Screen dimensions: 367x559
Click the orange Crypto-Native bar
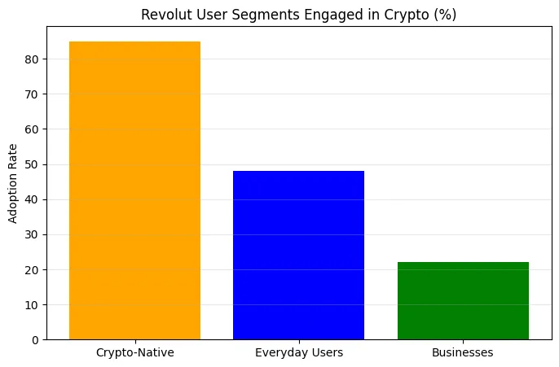pos(134,190)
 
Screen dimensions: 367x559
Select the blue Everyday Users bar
pos(298,255)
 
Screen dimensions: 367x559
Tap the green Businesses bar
pos(463,300)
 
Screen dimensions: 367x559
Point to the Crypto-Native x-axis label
pos(134,353)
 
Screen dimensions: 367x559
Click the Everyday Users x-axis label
pos(298,353)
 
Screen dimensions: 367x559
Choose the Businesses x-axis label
pos(463,353)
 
